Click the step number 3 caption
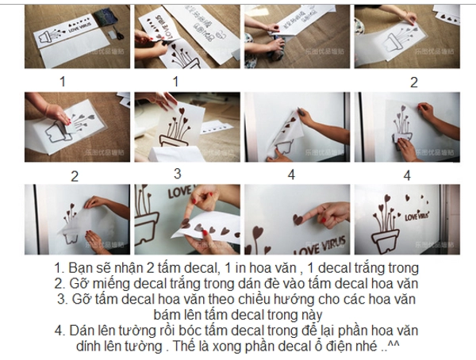177,173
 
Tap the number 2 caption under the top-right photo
413,82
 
